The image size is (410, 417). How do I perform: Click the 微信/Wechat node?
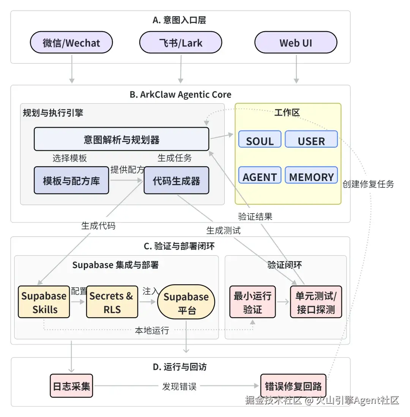(x=71, y=42)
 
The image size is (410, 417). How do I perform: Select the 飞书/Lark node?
(x=180, y=42)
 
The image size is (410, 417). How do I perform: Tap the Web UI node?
(x=296, y=42)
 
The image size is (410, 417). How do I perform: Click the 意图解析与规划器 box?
(x=121, y=139)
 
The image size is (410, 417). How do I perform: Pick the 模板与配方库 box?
(x=71, y=181)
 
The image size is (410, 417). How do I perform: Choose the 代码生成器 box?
(x=176, y=181)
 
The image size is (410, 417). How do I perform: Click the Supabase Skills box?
(x=44, y=302)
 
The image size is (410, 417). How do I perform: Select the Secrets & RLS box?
(x=112, y=302)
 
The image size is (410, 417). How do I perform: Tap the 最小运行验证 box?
(x=252, y=302)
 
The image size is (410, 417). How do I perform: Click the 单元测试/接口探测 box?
(x=316, y=302)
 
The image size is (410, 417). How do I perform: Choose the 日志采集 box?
(x=72, y=386)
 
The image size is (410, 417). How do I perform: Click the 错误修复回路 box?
(x=293, y=386)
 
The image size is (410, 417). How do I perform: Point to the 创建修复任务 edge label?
(x=368, y=184)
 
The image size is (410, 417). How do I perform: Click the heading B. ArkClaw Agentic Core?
(x=180, y=94)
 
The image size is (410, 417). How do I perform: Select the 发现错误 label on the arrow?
(x=179, y=387)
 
